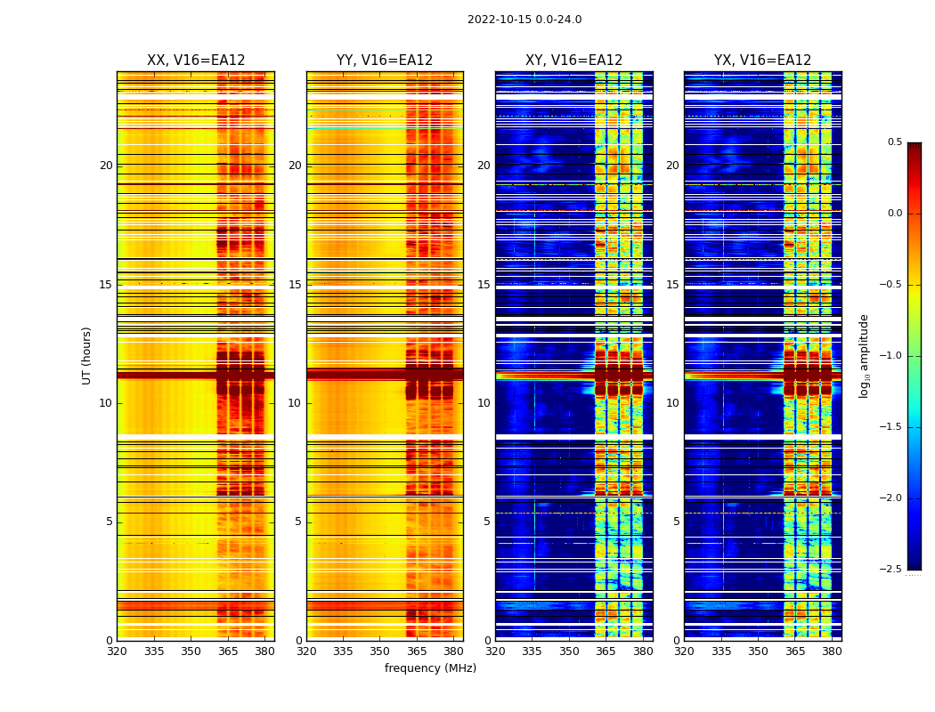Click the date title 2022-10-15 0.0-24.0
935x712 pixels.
tap(524, 20)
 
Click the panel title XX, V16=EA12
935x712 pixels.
tap(196, 61)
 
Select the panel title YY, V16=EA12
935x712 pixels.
tap(385, 61)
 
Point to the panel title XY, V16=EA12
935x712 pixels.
tap(573, 61)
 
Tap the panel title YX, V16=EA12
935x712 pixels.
tap(762, 61)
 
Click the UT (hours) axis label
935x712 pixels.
tap(87, 355)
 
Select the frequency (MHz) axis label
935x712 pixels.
tap(430, 668)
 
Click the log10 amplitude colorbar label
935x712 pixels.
tap(864, 355)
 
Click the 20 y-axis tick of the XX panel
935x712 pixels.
tap(106, 166)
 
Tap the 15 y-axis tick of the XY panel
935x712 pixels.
tap(484, 284)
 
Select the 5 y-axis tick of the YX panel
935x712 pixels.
tap(676, 522)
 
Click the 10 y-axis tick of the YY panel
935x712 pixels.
tap(295, 403)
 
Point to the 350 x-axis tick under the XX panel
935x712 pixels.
tap(191, 651)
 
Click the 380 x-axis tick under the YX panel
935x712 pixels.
tap(832, 651)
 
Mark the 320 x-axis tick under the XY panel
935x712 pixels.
tap(495, 651)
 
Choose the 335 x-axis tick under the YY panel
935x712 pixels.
tap(343, 651)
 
